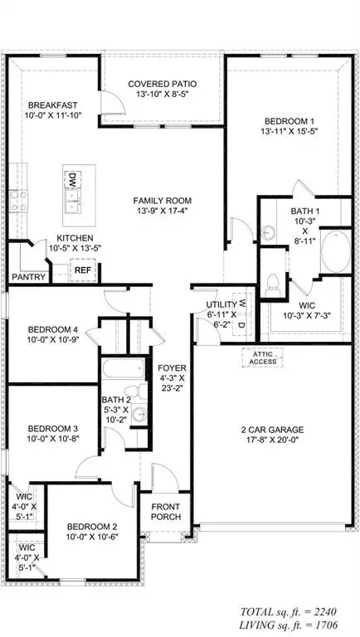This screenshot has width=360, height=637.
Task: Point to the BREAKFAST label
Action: pyautogui.click(x=53, y=105)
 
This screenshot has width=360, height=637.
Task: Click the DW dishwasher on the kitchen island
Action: pyautogui.click(x=73, y=179)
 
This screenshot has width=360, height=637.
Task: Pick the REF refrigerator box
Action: pyautogui.click(x=83, y=270)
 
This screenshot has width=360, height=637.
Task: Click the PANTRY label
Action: pyautogui.click(x=27, y=278)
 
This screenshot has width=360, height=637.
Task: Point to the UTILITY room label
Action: pyautogui.click(x=221, y=306)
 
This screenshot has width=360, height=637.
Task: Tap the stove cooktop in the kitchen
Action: pyautogui.click(x=17, y=200)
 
